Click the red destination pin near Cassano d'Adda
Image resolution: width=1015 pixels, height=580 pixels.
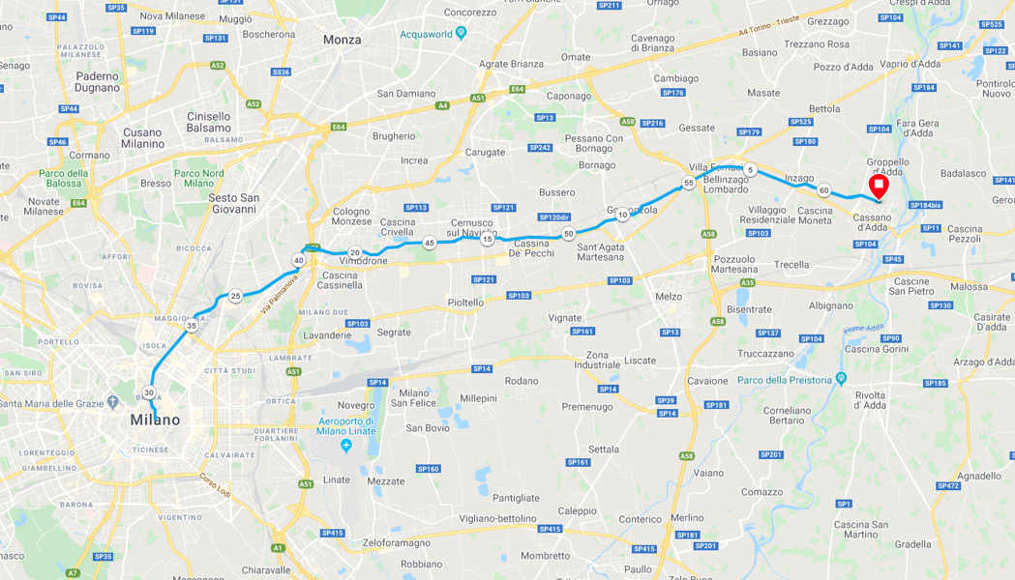pos(879,185)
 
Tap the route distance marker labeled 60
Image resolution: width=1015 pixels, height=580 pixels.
pos(823,190)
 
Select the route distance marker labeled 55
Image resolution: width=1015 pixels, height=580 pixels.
pos(688,183)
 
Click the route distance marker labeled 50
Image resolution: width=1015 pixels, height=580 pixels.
pos(569,233)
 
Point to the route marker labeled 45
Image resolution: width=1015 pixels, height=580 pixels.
pos(429,243)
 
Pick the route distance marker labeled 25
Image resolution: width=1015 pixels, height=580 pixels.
pos(235,296)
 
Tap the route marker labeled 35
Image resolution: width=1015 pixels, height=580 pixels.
pos(192,326)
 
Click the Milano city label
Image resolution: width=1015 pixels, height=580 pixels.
pos(155,420)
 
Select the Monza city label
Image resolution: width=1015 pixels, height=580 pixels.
pos(342,40)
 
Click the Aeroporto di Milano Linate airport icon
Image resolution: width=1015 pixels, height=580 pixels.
pos(346,446)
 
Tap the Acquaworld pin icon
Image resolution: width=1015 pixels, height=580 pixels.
pos(461,32)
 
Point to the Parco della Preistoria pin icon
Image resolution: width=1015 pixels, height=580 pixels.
pos(840,378)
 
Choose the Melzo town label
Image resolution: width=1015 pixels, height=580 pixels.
pos(668,297)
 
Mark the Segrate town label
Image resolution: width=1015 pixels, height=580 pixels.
pos(394,332)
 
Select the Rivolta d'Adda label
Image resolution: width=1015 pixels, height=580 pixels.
pos(870,400)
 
